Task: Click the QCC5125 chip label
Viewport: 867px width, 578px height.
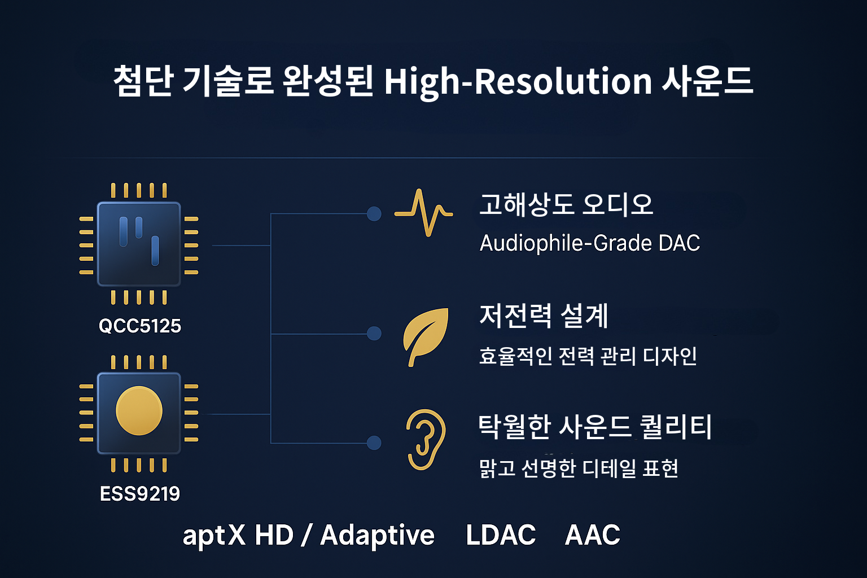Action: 139,326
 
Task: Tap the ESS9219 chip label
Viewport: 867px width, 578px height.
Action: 139,494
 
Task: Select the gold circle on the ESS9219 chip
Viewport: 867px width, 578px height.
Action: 139,411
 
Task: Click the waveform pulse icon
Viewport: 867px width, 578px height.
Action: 423,213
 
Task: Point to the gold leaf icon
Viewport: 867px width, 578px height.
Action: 426,336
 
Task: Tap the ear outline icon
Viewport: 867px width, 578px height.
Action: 426,439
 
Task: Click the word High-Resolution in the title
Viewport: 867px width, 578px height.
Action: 518,81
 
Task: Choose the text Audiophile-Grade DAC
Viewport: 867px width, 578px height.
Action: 589,243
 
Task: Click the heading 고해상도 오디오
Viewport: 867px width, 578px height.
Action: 566,204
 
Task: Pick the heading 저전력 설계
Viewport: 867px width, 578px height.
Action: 544,316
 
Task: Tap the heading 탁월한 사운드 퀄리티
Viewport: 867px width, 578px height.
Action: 595,427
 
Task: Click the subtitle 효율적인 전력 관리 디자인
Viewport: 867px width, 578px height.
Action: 588,356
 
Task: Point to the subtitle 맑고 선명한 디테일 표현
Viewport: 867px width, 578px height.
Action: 579,468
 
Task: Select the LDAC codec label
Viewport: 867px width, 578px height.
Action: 501,535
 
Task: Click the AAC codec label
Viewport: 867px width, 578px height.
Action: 593,535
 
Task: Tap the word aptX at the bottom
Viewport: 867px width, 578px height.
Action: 214,535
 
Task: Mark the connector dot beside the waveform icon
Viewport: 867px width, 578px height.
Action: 374,213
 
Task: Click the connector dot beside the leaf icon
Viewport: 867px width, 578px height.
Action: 374,334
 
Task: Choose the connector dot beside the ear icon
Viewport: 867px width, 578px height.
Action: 374,443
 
